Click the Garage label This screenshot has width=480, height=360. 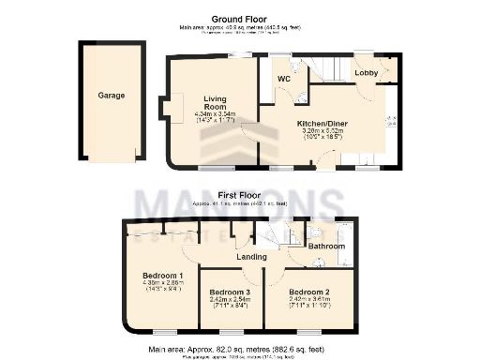click(112, 96)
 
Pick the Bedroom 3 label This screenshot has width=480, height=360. click(229, 292)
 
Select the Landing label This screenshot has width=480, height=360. click(251, 257)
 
